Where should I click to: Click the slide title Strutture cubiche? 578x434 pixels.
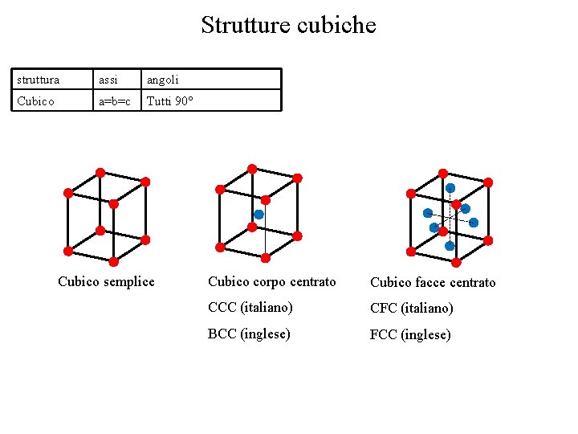pos(288,25)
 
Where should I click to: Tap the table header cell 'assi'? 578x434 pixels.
pos(108,80)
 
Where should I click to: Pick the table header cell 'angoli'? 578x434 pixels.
pos(162,80)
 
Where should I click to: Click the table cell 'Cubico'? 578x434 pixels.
pos(35,101)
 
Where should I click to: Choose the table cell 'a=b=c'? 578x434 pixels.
pos(114,101)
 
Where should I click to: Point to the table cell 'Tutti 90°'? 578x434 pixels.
pos(169,101)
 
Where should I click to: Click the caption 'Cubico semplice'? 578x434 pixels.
pos(106,281)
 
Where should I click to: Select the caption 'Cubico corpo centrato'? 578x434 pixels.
pos(271,281)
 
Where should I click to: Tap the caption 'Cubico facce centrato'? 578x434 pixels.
pos(433,282)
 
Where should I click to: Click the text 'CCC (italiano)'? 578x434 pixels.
pos(250,307)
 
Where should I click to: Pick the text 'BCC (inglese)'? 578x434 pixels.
pos(249,334)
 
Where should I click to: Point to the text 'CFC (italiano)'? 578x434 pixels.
pos(411,308)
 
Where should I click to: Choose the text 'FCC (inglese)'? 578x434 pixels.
pos(410,334)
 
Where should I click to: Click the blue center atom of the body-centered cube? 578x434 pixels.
pos(258,215)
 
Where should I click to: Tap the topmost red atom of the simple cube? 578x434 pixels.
pos(100,172)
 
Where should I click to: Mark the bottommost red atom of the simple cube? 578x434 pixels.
pos(113,262)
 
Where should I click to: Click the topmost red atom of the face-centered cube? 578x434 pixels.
pos(442,173)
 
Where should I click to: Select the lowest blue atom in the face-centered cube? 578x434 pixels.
pos(450,246)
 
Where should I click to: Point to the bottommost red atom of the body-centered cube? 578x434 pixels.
pos(266,258)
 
